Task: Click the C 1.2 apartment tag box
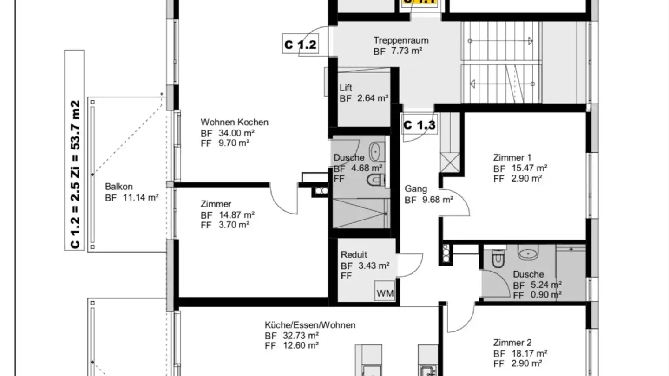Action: [x=301, y=45]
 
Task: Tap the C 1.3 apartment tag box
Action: [x=420, y=125]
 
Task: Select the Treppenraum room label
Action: [x=401, y=40]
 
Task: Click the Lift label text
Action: [x=346, y=87]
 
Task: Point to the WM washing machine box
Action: [x=385, y=293]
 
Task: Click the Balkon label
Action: [x=119, y=187]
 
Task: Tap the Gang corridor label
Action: [x=416, y=189]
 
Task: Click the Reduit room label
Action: [x=354, y=255]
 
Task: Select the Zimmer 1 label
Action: [x=512, y=157]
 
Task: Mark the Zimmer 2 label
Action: [x=512, y=343]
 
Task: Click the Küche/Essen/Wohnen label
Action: [x=310, y=325]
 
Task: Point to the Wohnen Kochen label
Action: [x=235, y=122]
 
